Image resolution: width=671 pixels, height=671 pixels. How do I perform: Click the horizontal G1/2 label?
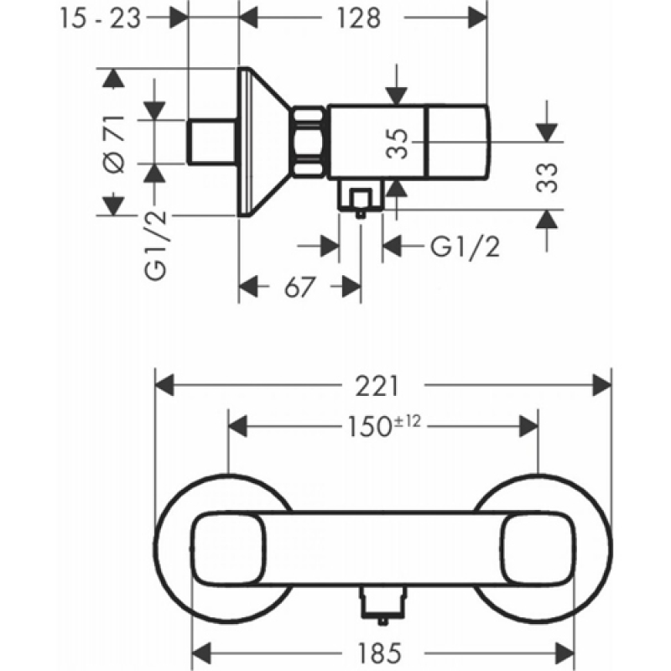tap(466, 247)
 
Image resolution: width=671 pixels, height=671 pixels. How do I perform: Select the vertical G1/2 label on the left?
tap(156, 246)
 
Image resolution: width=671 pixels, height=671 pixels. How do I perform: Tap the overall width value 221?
tap(382, 385)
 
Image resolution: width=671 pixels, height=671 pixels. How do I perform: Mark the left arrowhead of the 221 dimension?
tap(164, 385)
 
